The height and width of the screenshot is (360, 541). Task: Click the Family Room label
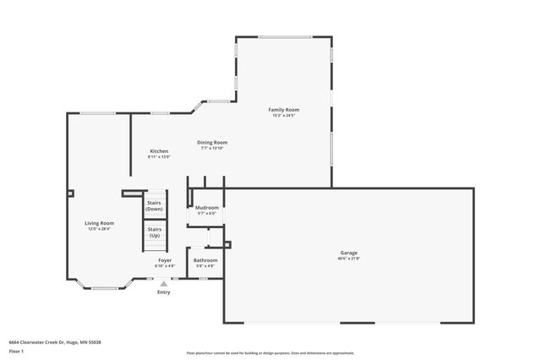click(283, 110)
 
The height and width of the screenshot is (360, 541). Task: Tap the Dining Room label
click(212, 142)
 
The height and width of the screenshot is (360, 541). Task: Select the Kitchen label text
click(159, 150)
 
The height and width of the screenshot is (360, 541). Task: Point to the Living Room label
click(100, 223)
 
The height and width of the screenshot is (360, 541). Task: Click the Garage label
click(348, 253)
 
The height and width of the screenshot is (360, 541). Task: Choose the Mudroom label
click(207, 207)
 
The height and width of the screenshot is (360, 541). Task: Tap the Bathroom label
click(205, 260)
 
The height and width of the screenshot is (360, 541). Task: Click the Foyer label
click(165, 260)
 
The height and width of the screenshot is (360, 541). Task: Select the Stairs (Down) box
click(155, 206)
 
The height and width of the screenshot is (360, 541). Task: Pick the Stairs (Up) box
click(155, 232)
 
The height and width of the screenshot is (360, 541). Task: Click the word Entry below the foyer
click(163, 292)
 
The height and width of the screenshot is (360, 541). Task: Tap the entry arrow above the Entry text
click(163, 285)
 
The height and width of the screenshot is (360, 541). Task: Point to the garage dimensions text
click(348, 259)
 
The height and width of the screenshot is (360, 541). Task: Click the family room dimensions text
click(283, 116)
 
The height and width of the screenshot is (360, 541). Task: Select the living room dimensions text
click(100, 229)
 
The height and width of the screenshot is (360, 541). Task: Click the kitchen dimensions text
click(159, 156)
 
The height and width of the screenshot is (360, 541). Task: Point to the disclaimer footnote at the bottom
click(270, 353)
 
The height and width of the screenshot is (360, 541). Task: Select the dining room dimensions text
click(212, 148)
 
